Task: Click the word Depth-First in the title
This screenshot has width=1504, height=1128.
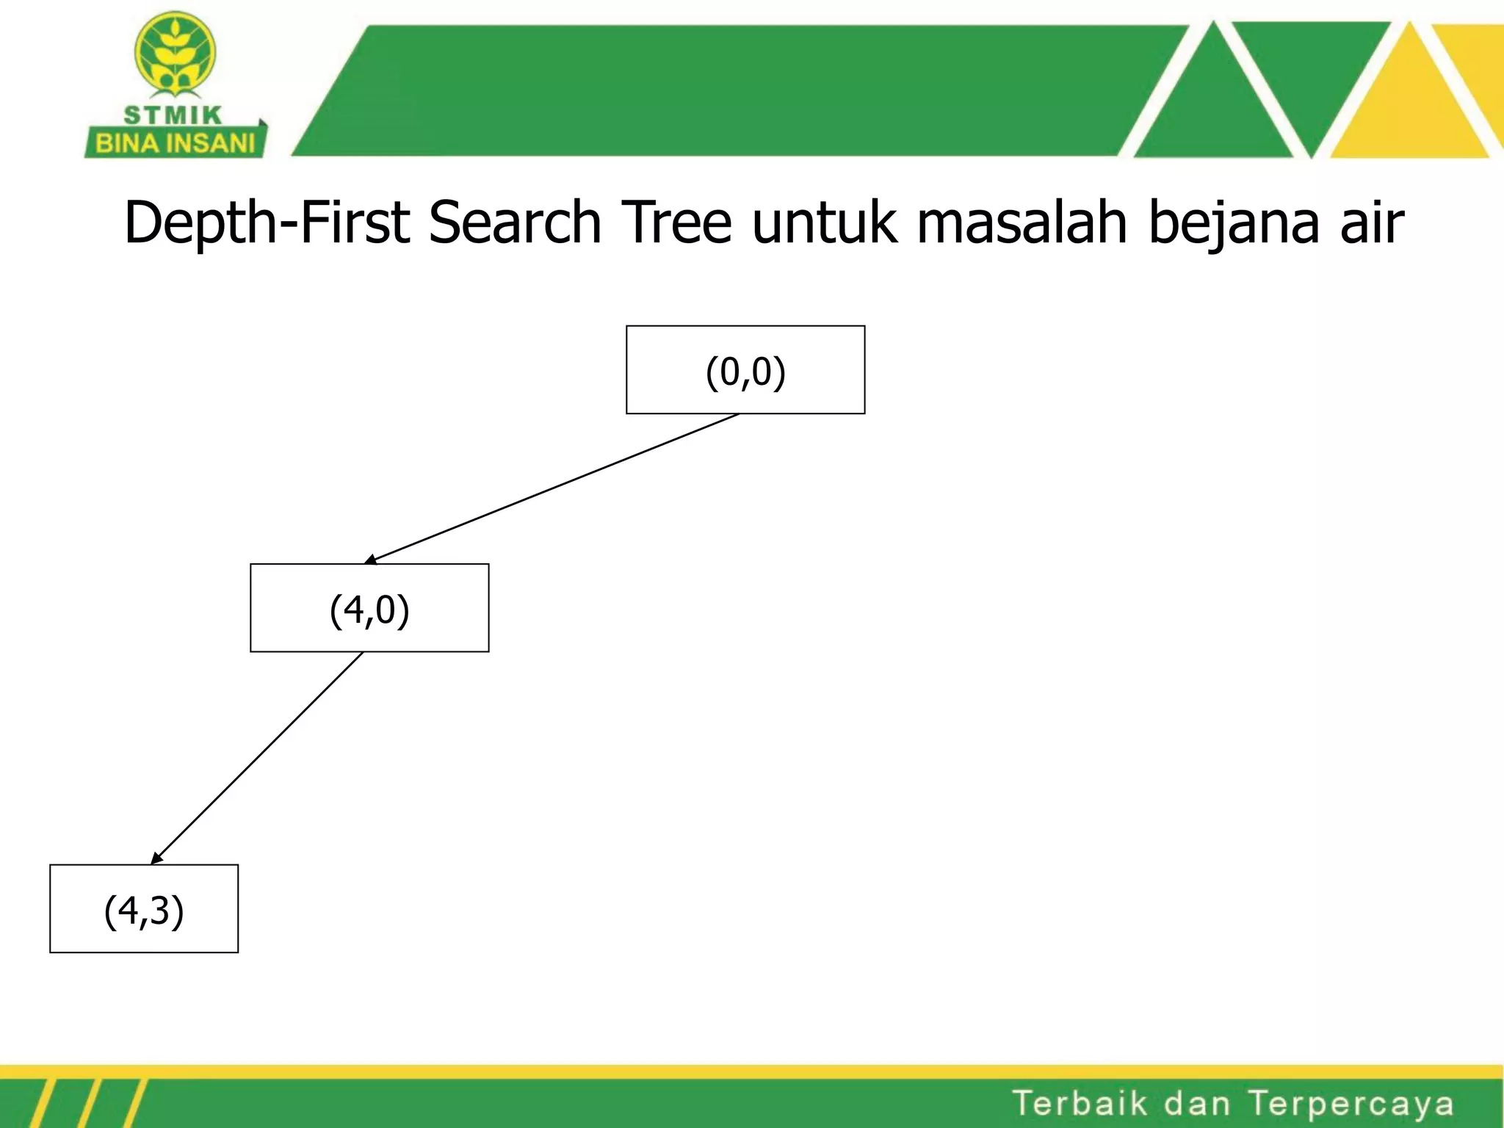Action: (x=266, y=223)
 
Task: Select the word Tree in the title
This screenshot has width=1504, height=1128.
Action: (x=676, y=223)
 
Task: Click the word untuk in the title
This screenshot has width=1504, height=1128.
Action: (x=824, y=223)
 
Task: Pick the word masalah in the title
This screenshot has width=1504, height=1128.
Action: (x=1022, y=223)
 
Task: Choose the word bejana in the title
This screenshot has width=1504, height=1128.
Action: (x=1233, y=223)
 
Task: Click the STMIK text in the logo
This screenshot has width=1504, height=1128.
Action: (x=173, y=115)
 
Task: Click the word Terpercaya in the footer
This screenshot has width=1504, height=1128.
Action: (x=1351, y=1104)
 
